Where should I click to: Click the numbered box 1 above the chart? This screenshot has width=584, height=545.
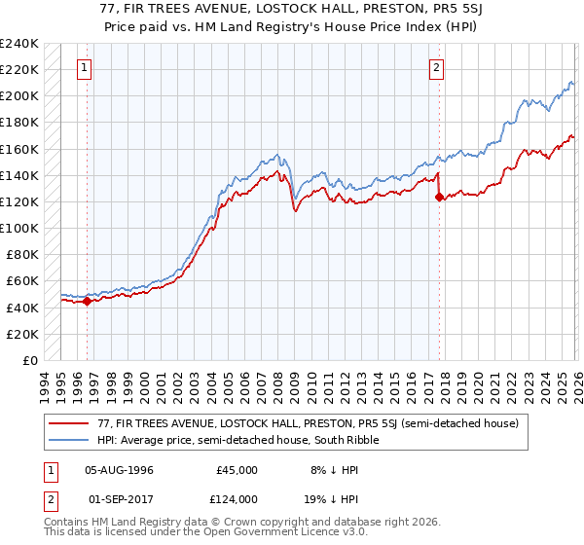pos(87,68)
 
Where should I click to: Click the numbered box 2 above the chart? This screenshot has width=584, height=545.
pos(436,68)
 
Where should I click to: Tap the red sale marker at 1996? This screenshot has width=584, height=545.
pos(88,301)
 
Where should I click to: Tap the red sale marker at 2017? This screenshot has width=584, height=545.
pos(439,197)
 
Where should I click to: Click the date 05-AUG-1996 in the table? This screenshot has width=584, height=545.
pos(124,470)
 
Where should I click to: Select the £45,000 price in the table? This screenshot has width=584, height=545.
pos(237,470)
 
